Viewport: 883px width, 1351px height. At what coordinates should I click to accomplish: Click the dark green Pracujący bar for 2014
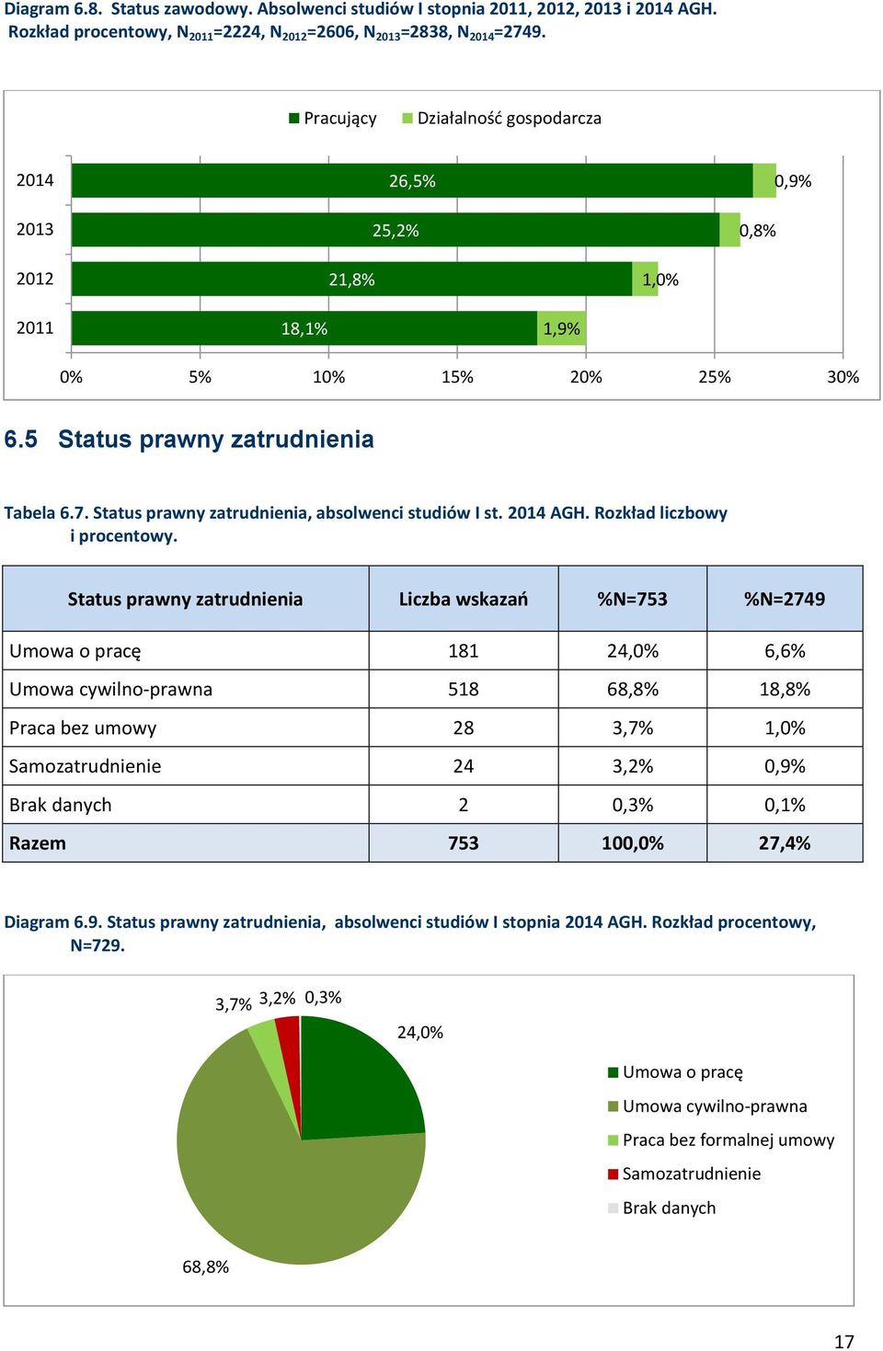(x=412, y=180)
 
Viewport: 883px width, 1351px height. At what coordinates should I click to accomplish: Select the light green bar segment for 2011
(x=561, y=328)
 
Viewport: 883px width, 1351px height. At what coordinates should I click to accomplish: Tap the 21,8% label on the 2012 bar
(x=351, y=280)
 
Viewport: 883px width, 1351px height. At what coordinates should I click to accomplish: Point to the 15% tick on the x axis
(x=457, y=377)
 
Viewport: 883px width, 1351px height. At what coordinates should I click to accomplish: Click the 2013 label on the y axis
(x=35, y=229)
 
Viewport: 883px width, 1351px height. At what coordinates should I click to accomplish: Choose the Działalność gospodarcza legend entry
(x=502, y=119)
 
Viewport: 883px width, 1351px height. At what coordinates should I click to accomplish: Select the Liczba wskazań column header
(x=464, y=599)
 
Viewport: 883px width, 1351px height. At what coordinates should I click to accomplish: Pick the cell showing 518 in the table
(x=464, y=689)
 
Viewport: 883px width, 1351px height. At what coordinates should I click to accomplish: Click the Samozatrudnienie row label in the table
(x=85, y=766)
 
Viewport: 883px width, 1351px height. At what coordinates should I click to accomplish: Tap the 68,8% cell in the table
(x=633, y=689)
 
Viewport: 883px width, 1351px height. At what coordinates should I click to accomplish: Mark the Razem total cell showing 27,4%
(x=785, y=842)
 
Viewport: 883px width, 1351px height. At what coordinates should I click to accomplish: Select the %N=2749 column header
(x=785, y=599)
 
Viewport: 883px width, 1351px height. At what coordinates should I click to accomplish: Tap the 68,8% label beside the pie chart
(x=206, y=1266)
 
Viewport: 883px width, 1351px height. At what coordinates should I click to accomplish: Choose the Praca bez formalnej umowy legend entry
(x=721, y=1139)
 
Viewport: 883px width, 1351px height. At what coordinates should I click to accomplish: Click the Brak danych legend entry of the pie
(x=662, y=1208)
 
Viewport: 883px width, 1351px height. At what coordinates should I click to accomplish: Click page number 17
(x=844, y=1341)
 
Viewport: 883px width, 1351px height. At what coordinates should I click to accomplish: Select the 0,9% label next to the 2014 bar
(x=793, y=181)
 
